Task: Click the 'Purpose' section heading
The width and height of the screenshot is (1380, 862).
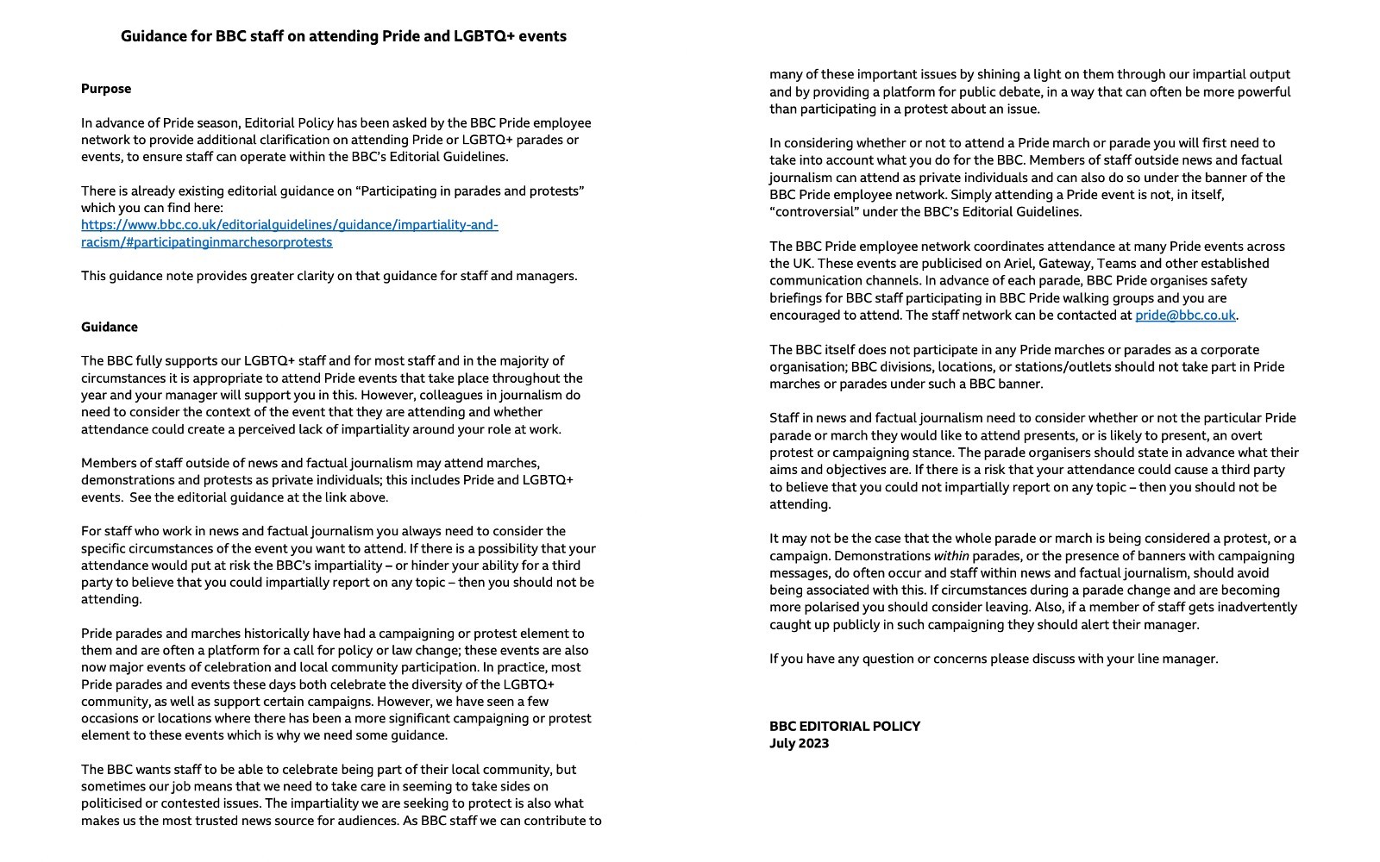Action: [106, 89]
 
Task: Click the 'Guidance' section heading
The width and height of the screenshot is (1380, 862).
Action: [110, 327]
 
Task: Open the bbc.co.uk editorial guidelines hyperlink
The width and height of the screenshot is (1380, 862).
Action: [289, 225]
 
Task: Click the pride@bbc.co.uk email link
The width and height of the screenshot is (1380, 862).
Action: [1185, 315]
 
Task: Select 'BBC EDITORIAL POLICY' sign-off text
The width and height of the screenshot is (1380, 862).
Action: [844, 727]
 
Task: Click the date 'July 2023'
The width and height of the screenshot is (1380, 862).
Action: [799, 744]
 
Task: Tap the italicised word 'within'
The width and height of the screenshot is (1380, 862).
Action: [950, 556]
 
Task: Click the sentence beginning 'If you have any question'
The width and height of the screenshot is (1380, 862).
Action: [994, 659]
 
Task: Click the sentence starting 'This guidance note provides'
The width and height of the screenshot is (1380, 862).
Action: [329, 276]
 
